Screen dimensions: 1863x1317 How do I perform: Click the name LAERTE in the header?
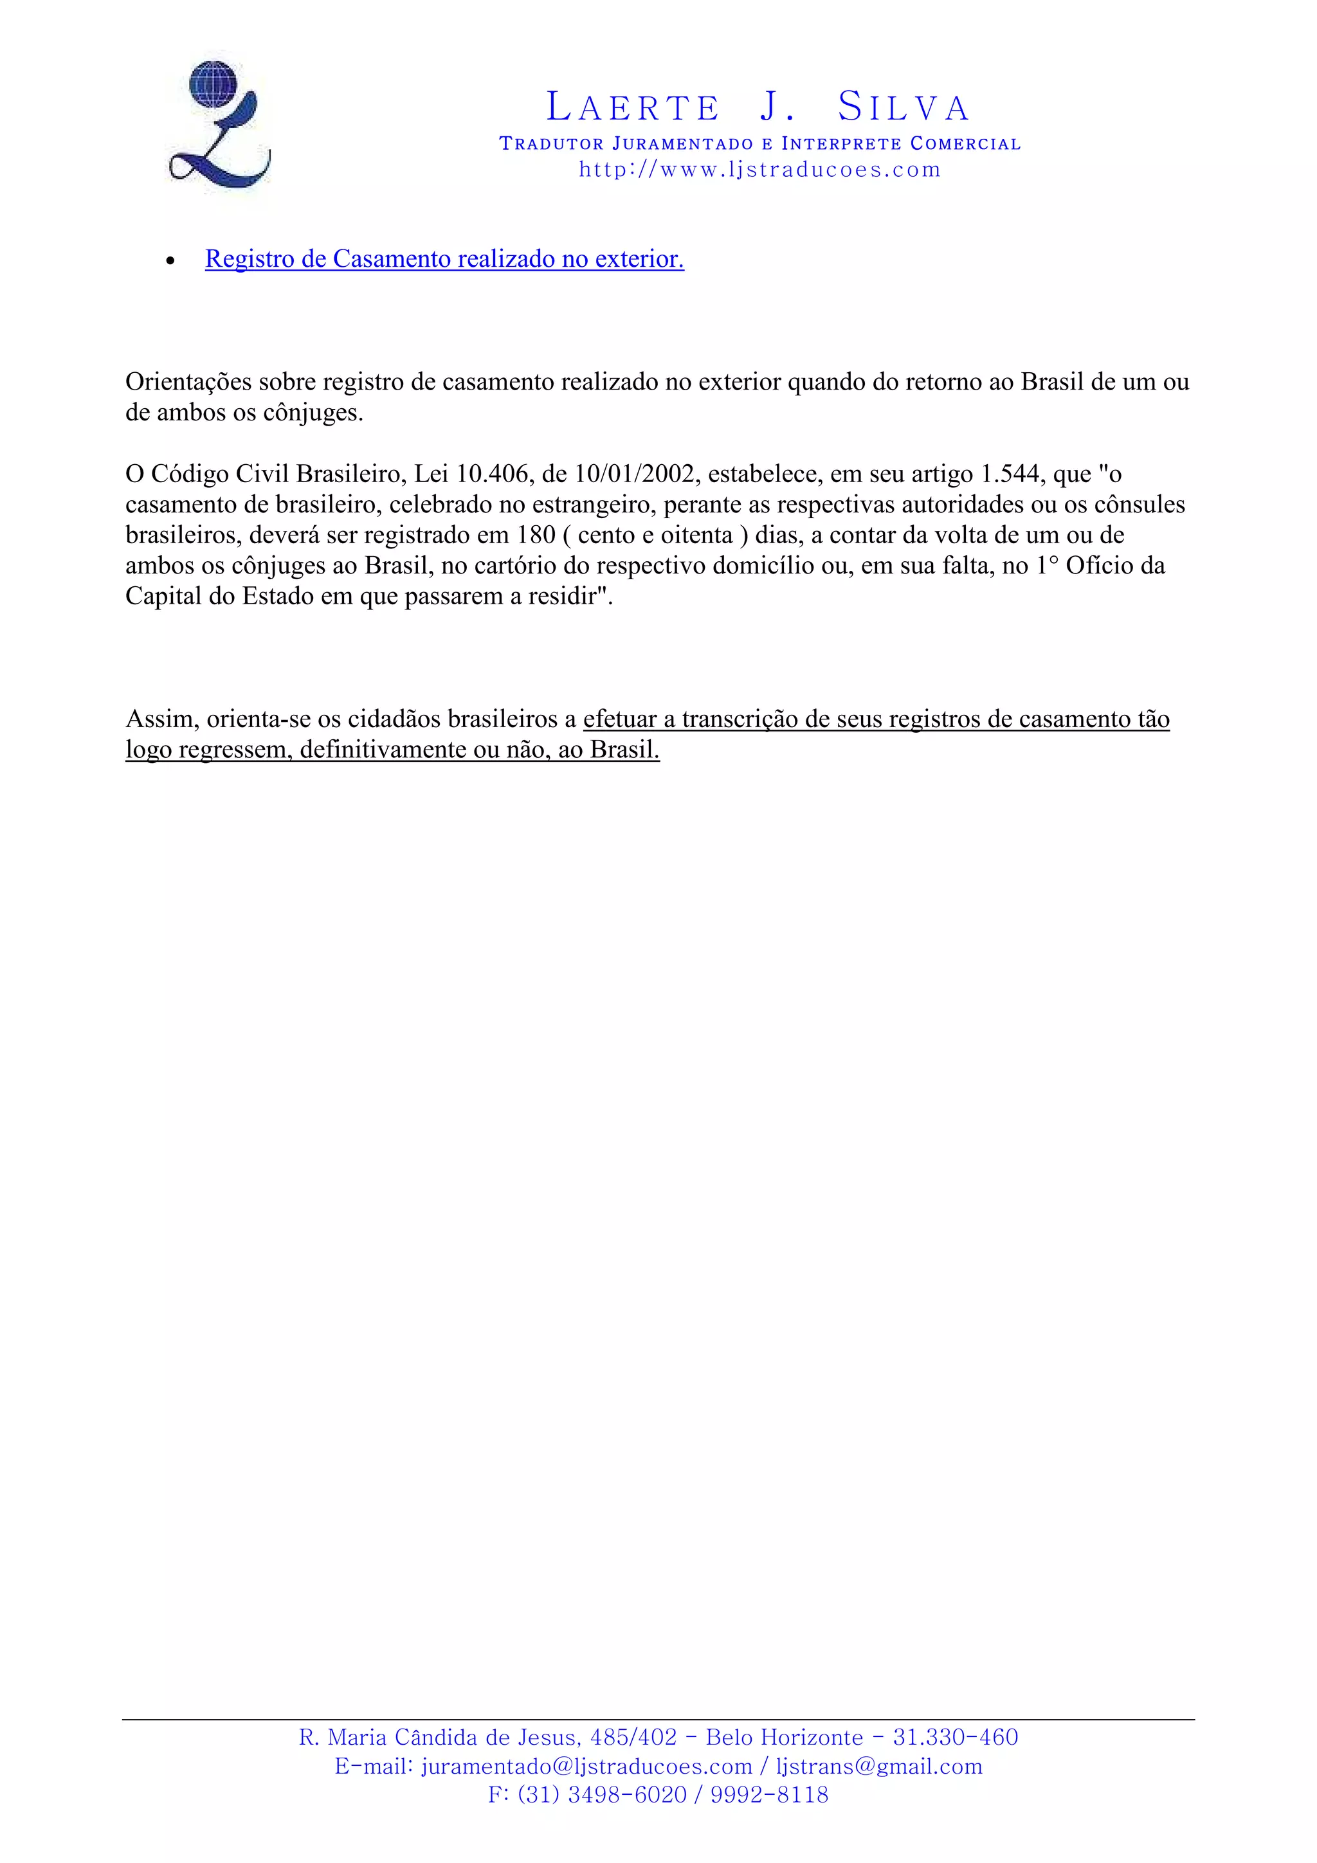click(x=633, y=107)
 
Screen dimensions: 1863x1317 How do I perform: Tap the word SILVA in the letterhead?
click(x=903, y=107)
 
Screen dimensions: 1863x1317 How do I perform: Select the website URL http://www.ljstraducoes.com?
click(x=759, y=170)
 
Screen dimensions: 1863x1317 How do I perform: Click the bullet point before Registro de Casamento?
click(x=170, y=261)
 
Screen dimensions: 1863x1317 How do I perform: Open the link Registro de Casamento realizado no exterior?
click(x=444, y=259)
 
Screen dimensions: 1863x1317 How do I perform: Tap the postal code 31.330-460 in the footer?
click(x=955, y=1737)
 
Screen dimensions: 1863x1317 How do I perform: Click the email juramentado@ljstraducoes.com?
click(x=586, y=1767)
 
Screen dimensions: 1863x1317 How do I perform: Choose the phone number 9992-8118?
click(x=768, y=1795)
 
